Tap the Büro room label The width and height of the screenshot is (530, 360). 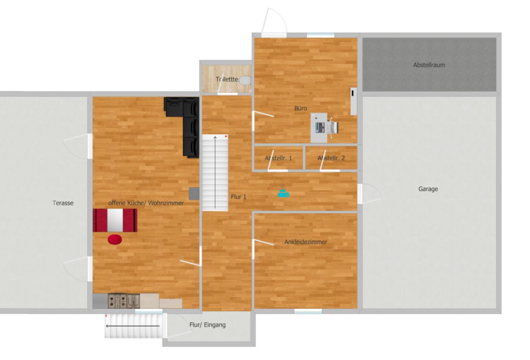[300, 108]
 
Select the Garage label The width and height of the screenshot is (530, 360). [428, 189]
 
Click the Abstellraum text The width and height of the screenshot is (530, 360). [429, 65]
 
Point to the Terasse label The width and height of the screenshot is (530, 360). [63, 203]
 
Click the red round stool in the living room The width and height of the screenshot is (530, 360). [115, 239]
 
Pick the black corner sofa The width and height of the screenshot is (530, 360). [187, 121]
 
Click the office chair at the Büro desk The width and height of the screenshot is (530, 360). [332, 127]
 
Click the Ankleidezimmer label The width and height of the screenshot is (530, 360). [306, 242]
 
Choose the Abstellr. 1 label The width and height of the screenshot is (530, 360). [278, 158]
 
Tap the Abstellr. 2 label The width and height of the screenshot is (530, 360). [331, 158]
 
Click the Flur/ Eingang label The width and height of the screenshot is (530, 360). [207, 324]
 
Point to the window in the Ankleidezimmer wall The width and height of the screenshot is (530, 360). [308, 311]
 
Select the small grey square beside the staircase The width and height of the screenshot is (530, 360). [194, 193]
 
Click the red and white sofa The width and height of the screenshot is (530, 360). [115, 220]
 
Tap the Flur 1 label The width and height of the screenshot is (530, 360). [238, 197]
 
